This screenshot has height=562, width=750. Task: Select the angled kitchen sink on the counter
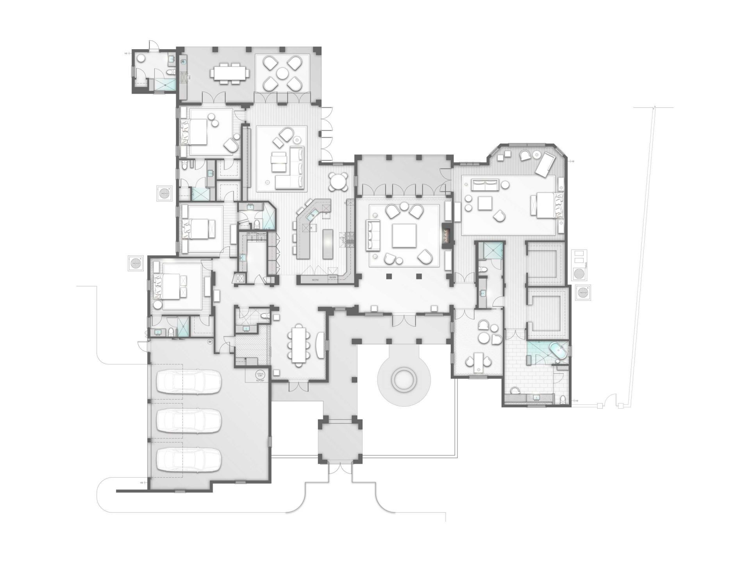(x=313, y=215)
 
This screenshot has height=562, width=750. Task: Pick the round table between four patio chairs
(x=282, y=73)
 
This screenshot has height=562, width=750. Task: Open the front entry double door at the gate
(x=340, y=468)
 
